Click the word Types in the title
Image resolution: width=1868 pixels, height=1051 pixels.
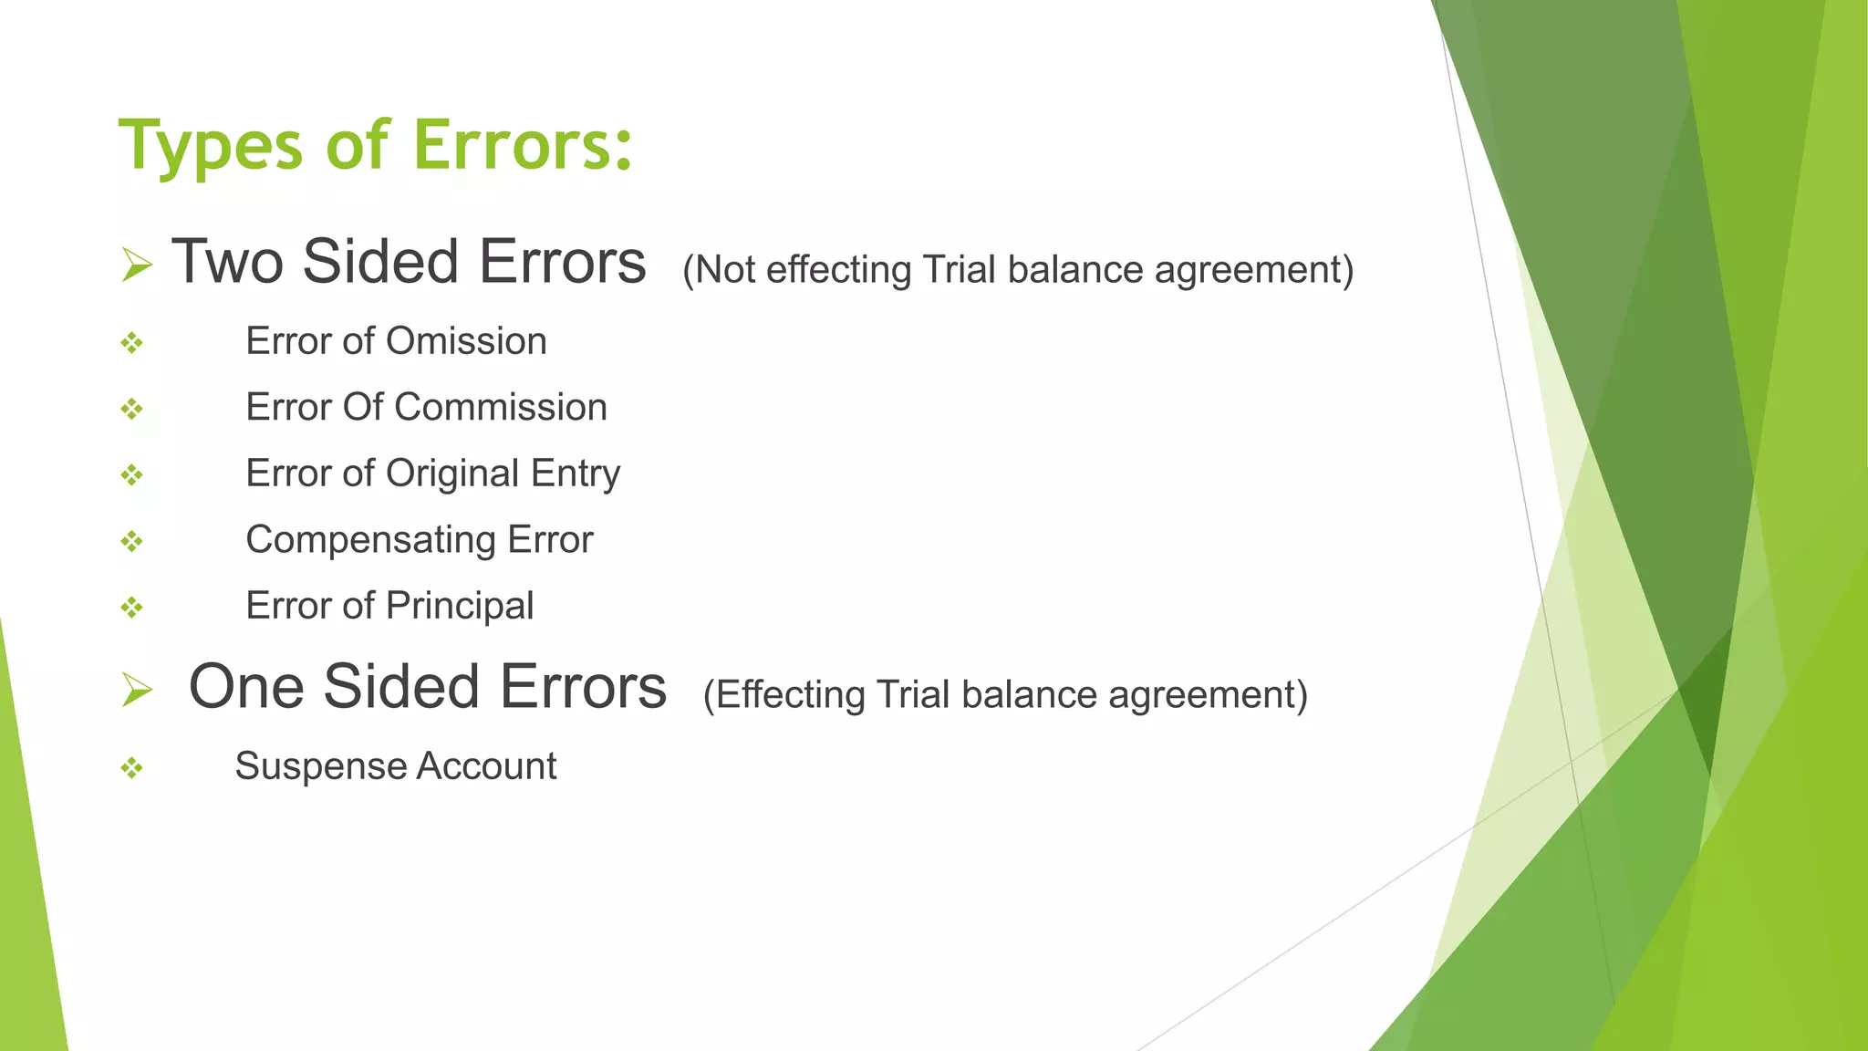coord(210,146)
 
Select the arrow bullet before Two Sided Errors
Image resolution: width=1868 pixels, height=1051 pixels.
coord(137,265)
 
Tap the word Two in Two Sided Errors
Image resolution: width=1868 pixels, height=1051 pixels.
coord(227,262)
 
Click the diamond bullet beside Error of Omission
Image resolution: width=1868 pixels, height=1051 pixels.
coord(132,343)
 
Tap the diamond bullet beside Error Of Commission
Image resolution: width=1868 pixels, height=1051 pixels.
coord(132,409)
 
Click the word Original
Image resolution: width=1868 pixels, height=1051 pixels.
coord(452,473)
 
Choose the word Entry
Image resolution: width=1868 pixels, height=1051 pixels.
coord(576,474)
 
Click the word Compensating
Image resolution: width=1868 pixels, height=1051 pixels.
coord(370,540)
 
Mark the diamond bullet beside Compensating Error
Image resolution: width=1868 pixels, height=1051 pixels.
coord(132,541)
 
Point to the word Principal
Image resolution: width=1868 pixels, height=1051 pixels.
coord(460,607)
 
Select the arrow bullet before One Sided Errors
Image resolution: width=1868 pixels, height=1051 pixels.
coord(137,690)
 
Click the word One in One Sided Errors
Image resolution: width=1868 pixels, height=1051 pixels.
coord(244,687)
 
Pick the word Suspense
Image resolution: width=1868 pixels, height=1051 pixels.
coord(306,766)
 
